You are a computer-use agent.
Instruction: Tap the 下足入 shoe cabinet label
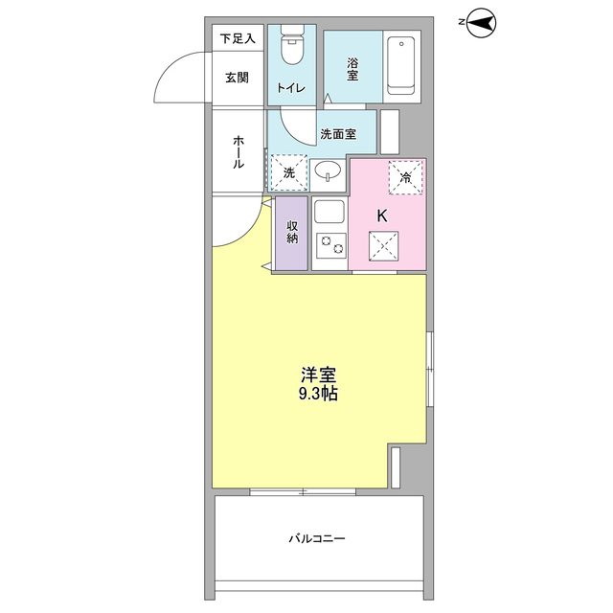(x=238, y=39)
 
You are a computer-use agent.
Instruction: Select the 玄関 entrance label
(x=238, y=78)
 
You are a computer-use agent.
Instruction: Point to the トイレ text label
(x=291, y=89)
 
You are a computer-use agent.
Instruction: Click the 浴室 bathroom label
(x=352, y=69)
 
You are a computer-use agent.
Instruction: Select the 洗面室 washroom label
(x=338, y=134)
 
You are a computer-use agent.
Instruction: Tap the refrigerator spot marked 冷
(x=405, y=176)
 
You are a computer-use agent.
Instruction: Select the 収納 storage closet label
(x=291, y=233)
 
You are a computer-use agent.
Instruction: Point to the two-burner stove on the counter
(x=330, y=248)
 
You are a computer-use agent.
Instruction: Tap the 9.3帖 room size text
(x=316, y=394)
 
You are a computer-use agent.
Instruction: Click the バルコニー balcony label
(x=317, y=538)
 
